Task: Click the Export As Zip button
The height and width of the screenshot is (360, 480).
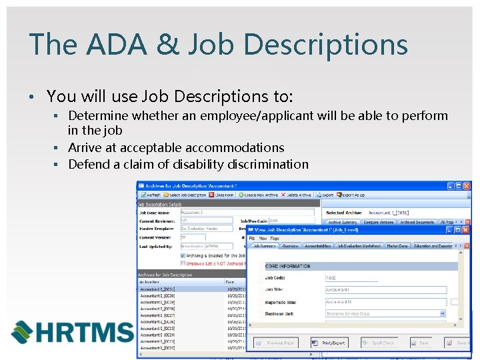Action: click(x=351, y=195)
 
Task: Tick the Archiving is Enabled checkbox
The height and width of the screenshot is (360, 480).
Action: click(x=183, y=255)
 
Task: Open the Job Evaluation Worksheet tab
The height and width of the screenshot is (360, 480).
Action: click(x=359, y=245)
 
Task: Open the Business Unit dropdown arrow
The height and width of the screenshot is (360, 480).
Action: click(x=441, y=313)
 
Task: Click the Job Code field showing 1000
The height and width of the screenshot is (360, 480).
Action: click(x=351, y=278)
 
